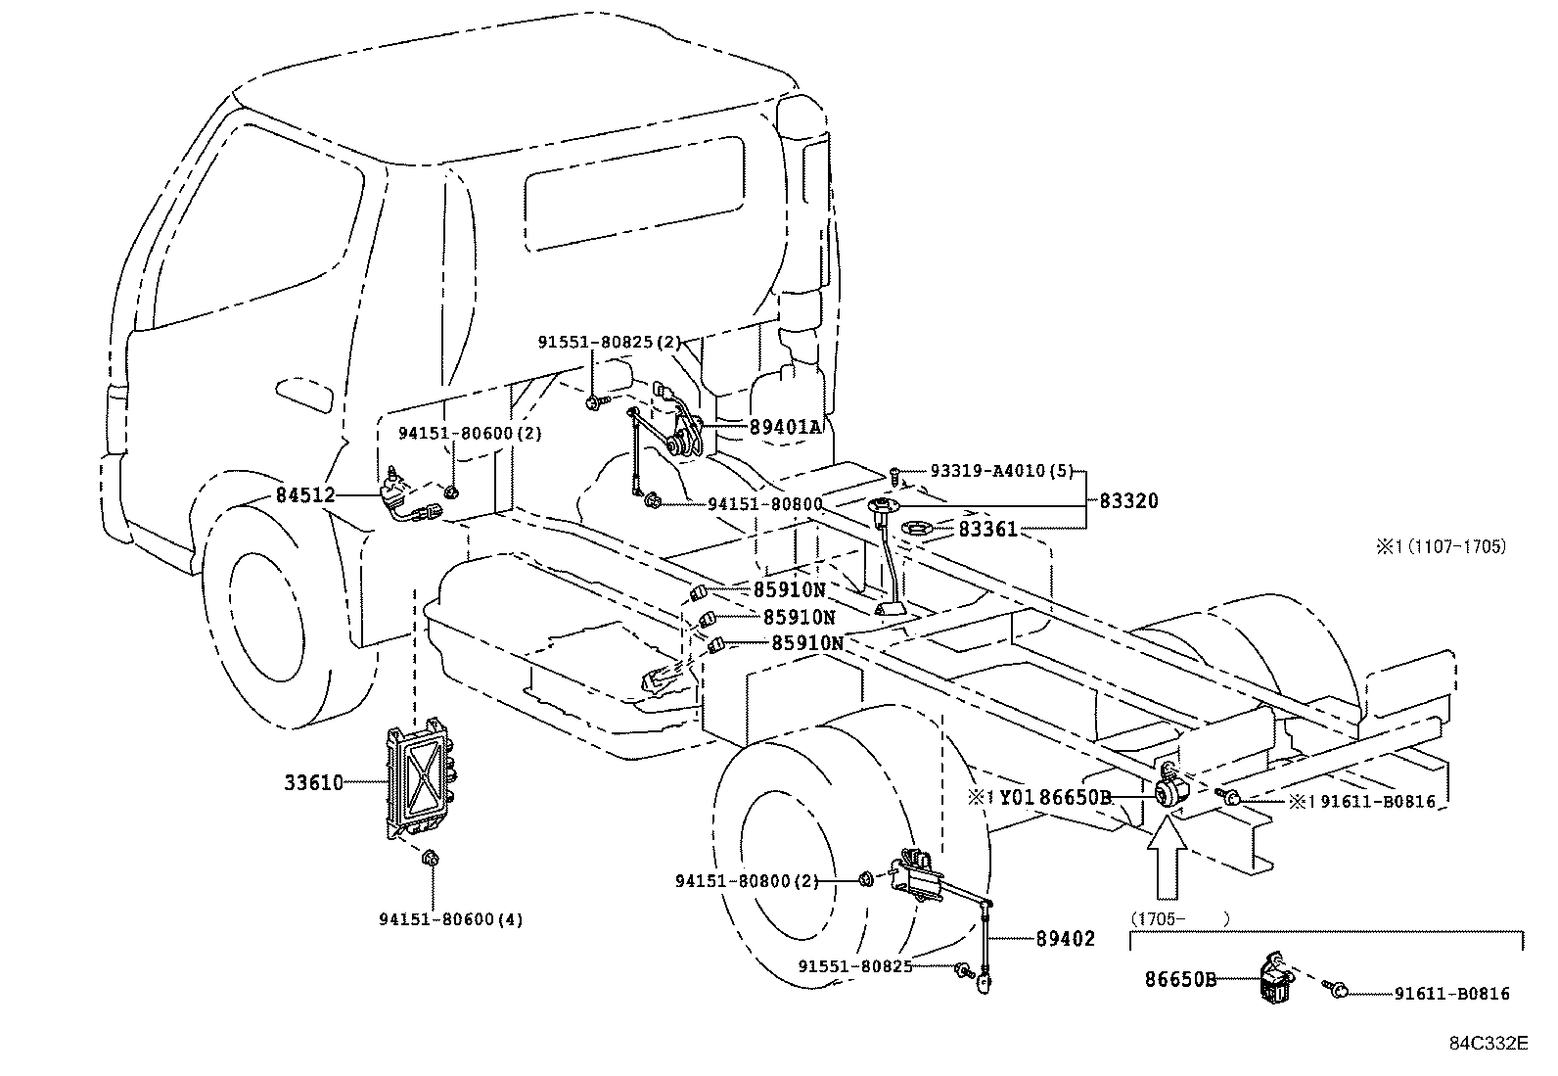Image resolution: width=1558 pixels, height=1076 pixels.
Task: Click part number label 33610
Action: (x=313, y=783)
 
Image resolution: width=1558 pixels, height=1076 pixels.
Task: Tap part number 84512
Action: (x=304, y=496)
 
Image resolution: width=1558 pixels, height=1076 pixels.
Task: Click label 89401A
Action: (x=786, y=428)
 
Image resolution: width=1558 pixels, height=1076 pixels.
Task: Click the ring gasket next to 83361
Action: (x=915, y=529)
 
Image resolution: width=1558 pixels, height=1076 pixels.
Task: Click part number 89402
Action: (x=1065, y=939)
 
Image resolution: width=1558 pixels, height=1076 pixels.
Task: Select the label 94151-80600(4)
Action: (x=450, y=919)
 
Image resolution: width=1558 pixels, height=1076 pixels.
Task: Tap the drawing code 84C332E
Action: (x=1488, y=1043)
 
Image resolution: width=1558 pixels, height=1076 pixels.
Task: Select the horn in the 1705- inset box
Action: (x=1273, y=979)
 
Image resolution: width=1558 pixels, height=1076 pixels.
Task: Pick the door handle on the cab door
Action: (x=304, y=394)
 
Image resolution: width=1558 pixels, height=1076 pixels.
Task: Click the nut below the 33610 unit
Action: (x=430, y=859)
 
